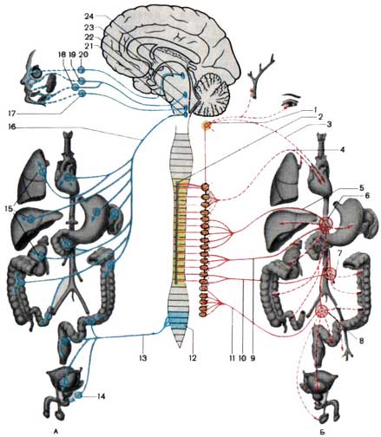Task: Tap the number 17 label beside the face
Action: point(11,114)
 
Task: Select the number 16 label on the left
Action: point(11,127)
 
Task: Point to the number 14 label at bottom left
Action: point(101,396)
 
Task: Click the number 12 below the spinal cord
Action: point(193,358)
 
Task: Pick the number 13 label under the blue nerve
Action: point(143,358)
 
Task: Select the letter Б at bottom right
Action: point(323,432)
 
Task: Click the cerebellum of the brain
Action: point(212,93)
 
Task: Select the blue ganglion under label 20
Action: point(82,69)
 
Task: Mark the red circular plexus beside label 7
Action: point(330,273)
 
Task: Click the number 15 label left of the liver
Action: point(10,208)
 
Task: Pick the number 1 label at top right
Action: point(316,109)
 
